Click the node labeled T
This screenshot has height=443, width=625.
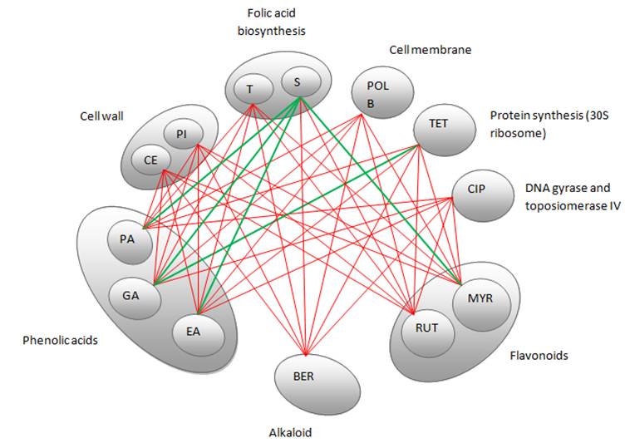coord(249,88)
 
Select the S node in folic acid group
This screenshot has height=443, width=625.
coord(297,82)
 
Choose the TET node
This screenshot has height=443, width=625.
coord(438,124)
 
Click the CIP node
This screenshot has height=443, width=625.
coord(476,190)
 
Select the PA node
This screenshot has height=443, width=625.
coord(126,239)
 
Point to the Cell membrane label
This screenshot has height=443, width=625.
coord(431,50)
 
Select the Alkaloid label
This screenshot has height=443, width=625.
coord(290,432)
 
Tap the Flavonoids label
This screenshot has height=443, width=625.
coord(538,356)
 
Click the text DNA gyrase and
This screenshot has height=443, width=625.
coord(561,189)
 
